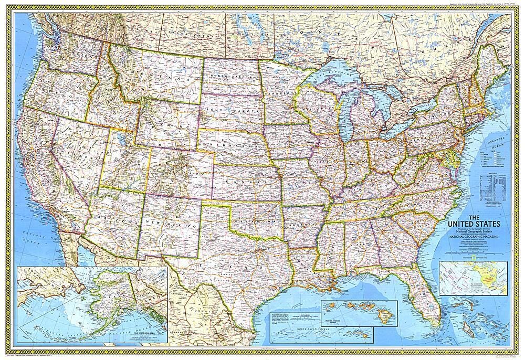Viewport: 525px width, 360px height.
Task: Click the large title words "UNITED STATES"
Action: tap(472, 224)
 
